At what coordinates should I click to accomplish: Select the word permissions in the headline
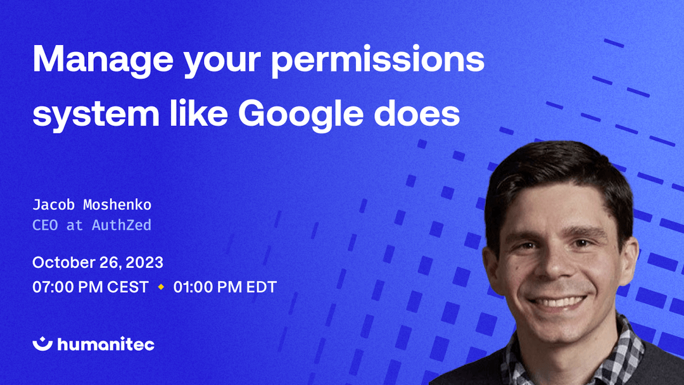pos(377,61)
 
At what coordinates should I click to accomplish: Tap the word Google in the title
pos(301,115)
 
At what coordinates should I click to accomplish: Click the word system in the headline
pos(96,115)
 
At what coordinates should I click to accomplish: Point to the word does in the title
pos(417,113)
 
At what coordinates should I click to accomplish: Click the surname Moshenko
pos(117,205)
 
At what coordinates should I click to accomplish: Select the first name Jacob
pos(54,205)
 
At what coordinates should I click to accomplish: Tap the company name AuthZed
pos(121,225)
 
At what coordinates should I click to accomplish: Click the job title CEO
pos(45,225)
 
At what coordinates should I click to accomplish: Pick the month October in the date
pos(63,263)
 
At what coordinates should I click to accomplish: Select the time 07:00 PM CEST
pos(91,287)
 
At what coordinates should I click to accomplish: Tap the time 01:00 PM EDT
pos(225,287)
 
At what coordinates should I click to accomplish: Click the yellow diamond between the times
pos(161,287)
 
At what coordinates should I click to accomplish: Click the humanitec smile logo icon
pos(43,343)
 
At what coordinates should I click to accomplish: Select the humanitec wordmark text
pos(106,344)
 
